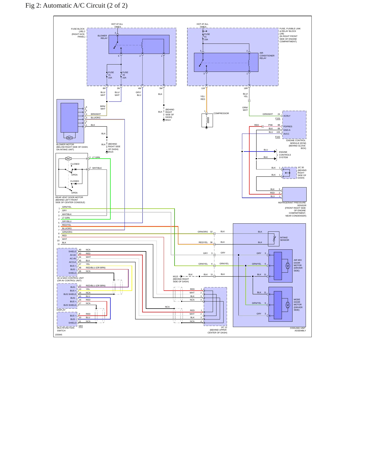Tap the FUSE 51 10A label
pyautogui.click(x=207, y=37)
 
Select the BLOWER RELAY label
pyautogui.click(x=103, y=37)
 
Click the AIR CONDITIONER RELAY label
pyautogui.click(x=267, y=56)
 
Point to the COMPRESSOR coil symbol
pyautogui.click(x=207, y=120)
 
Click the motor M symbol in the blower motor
pyautogui.click(x=69, y=138)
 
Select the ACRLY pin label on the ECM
pyautogui.click(x=287, y=116)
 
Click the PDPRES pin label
pyautogui.click(x=288, y=126)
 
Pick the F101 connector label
pyautogui.click(x=278, y=119)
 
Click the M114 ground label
pyautogui.click(x=168, y=120)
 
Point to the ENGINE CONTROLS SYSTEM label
pyautogui.click(x=285, y=155)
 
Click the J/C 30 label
pyautogui.click(x=301, y=167)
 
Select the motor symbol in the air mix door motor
pyautogui.click(x=288, y=266)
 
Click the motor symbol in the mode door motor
pyautogui.click(x=288, y=305)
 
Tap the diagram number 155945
pyautogui.click(x=59, y=335)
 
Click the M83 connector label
pyautogui.click(x=81, y=326)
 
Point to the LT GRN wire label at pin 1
pyautogui.click(x=96, y=157)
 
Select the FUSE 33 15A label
pyautogui.click(x=125, y=75)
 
